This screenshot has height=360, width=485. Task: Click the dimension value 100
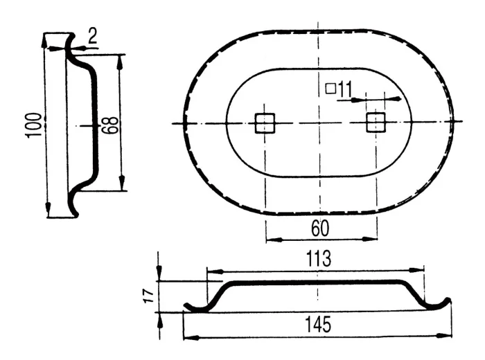[x=35, y=125]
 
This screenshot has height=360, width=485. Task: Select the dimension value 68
[x=109, y=125]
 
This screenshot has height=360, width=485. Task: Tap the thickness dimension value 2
[x=92, y=36]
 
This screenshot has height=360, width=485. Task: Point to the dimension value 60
[x=320, y=228]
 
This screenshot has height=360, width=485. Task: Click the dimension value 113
[x=319, y=258]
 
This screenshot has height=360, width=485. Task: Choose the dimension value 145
[x=318, y=325]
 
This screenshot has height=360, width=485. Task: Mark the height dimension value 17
[x=149, y=296]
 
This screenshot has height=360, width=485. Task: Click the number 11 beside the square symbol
[x=344, y=90]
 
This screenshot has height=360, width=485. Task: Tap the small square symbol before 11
[x=330, y=89]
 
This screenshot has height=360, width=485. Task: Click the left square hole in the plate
[x=265, y=123]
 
